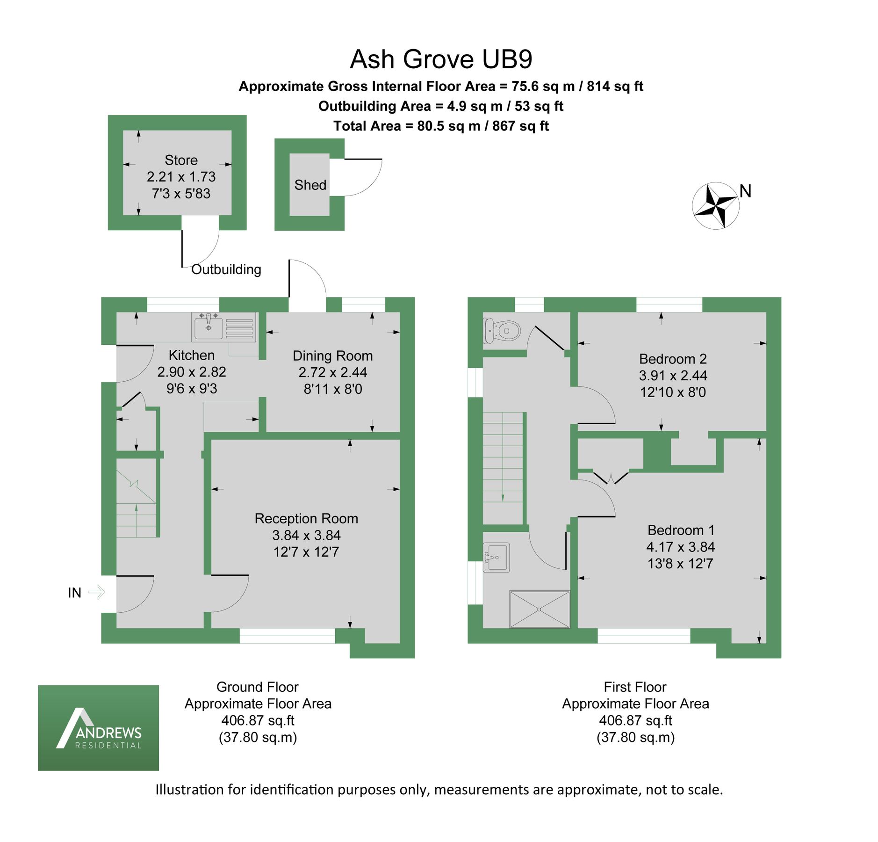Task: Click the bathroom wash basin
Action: click(496, 557)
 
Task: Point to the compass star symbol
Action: click(715, 205)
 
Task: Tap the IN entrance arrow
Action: click(96, 592)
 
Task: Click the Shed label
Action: click(310, 185)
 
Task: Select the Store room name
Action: click(181, 160)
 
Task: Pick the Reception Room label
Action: click(306, 518)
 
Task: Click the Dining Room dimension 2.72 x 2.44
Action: click(332, 372)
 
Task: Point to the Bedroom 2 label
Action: click(672, 359)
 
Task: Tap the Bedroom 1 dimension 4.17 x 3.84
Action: click(680, 547)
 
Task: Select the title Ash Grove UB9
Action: click(441, 59)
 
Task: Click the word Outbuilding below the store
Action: click(226, 269)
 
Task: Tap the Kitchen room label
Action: click(191, 355)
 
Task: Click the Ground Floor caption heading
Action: click(257, 687)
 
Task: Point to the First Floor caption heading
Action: click(635, 687)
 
